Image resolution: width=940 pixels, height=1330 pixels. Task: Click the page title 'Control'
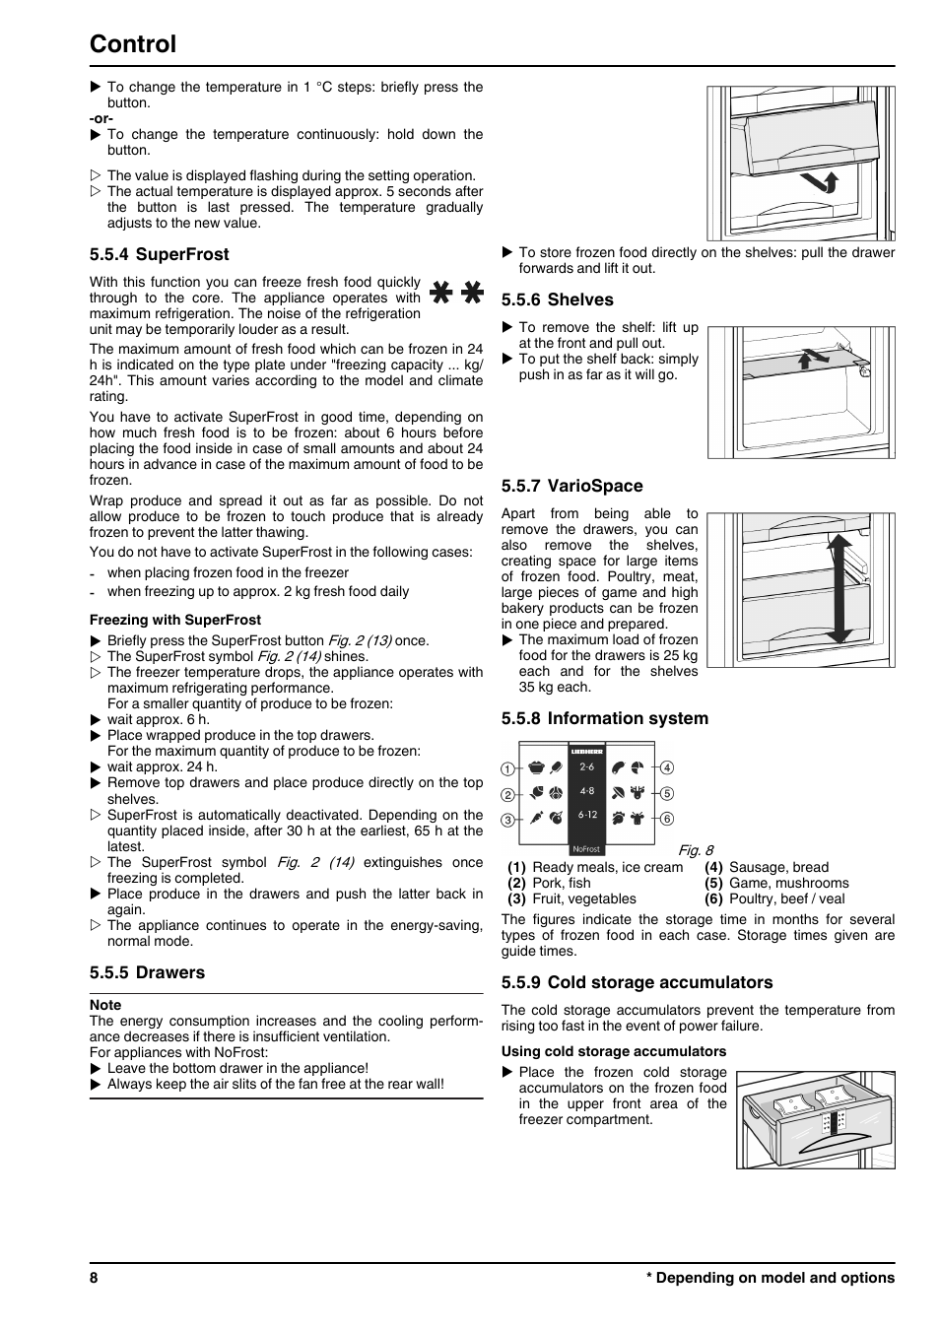132,44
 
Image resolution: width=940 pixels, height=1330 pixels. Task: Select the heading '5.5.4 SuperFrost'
159,254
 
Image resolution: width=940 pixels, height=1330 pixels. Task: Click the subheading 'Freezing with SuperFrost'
174,620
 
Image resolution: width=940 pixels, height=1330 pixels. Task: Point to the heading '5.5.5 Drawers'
147,972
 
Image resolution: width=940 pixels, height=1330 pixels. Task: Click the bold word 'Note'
105,1005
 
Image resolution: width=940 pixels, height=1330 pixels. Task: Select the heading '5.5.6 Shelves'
557,299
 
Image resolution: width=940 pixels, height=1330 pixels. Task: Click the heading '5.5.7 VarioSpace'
571,486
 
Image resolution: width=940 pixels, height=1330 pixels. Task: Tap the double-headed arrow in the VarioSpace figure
839,588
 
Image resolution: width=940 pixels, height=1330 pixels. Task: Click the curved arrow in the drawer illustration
820,182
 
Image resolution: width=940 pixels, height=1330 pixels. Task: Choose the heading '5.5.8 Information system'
604,718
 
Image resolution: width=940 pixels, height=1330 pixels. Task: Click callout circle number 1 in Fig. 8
507,768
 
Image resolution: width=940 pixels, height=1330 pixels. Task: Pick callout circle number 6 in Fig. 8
667,819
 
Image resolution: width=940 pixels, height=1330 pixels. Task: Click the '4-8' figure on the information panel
587,791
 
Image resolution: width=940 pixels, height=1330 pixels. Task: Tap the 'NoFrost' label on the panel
586,849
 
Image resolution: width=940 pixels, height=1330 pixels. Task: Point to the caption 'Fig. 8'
695,850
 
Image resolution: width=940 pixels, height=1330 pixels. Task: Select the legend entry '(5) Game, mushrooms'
775,883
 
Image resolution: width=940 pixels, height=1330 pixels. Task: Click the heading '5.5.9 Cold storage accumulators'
637,982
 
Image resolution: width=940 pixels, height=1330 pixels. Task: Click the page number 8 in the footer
94,1278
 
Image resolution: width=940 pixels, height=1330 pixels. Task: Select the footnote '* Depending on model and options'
770,1278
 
